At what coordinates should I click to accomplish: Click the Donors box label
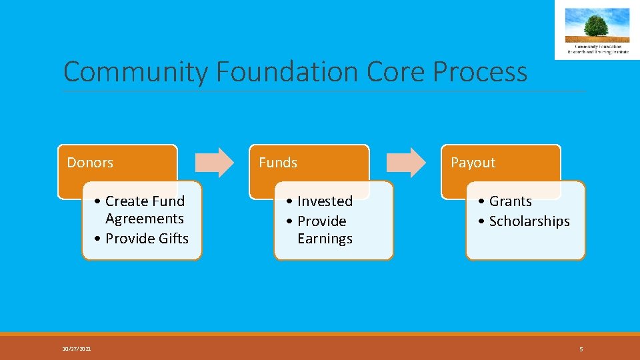click(90, 163)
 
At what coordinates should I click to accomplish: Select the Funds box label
click(278, 163)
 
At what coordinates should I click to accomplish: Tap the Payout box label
click(473, 163)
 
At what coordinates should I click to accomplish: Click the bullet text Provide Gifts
click(147, 239)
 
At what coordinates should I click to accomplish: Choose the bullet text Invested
click(325, 201)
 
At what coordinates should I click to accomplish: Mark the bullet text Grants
click(510, 201)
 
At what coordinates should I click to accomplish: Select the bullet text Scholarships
click(529, 221)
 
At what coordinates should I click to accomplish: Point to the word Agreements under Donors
click(144, 219)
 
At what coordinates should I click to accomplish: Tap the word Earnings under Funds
click(325, 239)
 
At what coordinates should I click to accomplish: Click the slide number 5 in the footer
click(581, 349)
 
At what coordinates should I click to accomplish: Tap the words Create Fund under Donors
click(145, 201)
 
